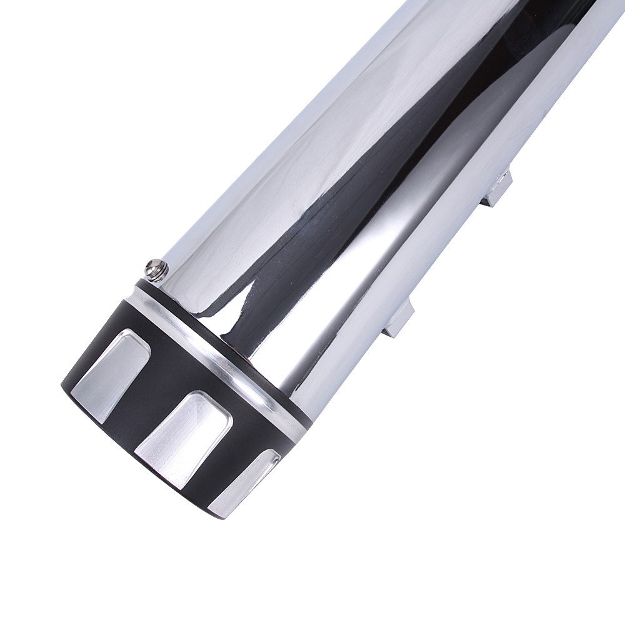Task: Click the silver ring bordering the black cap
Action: pos(219,350)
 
